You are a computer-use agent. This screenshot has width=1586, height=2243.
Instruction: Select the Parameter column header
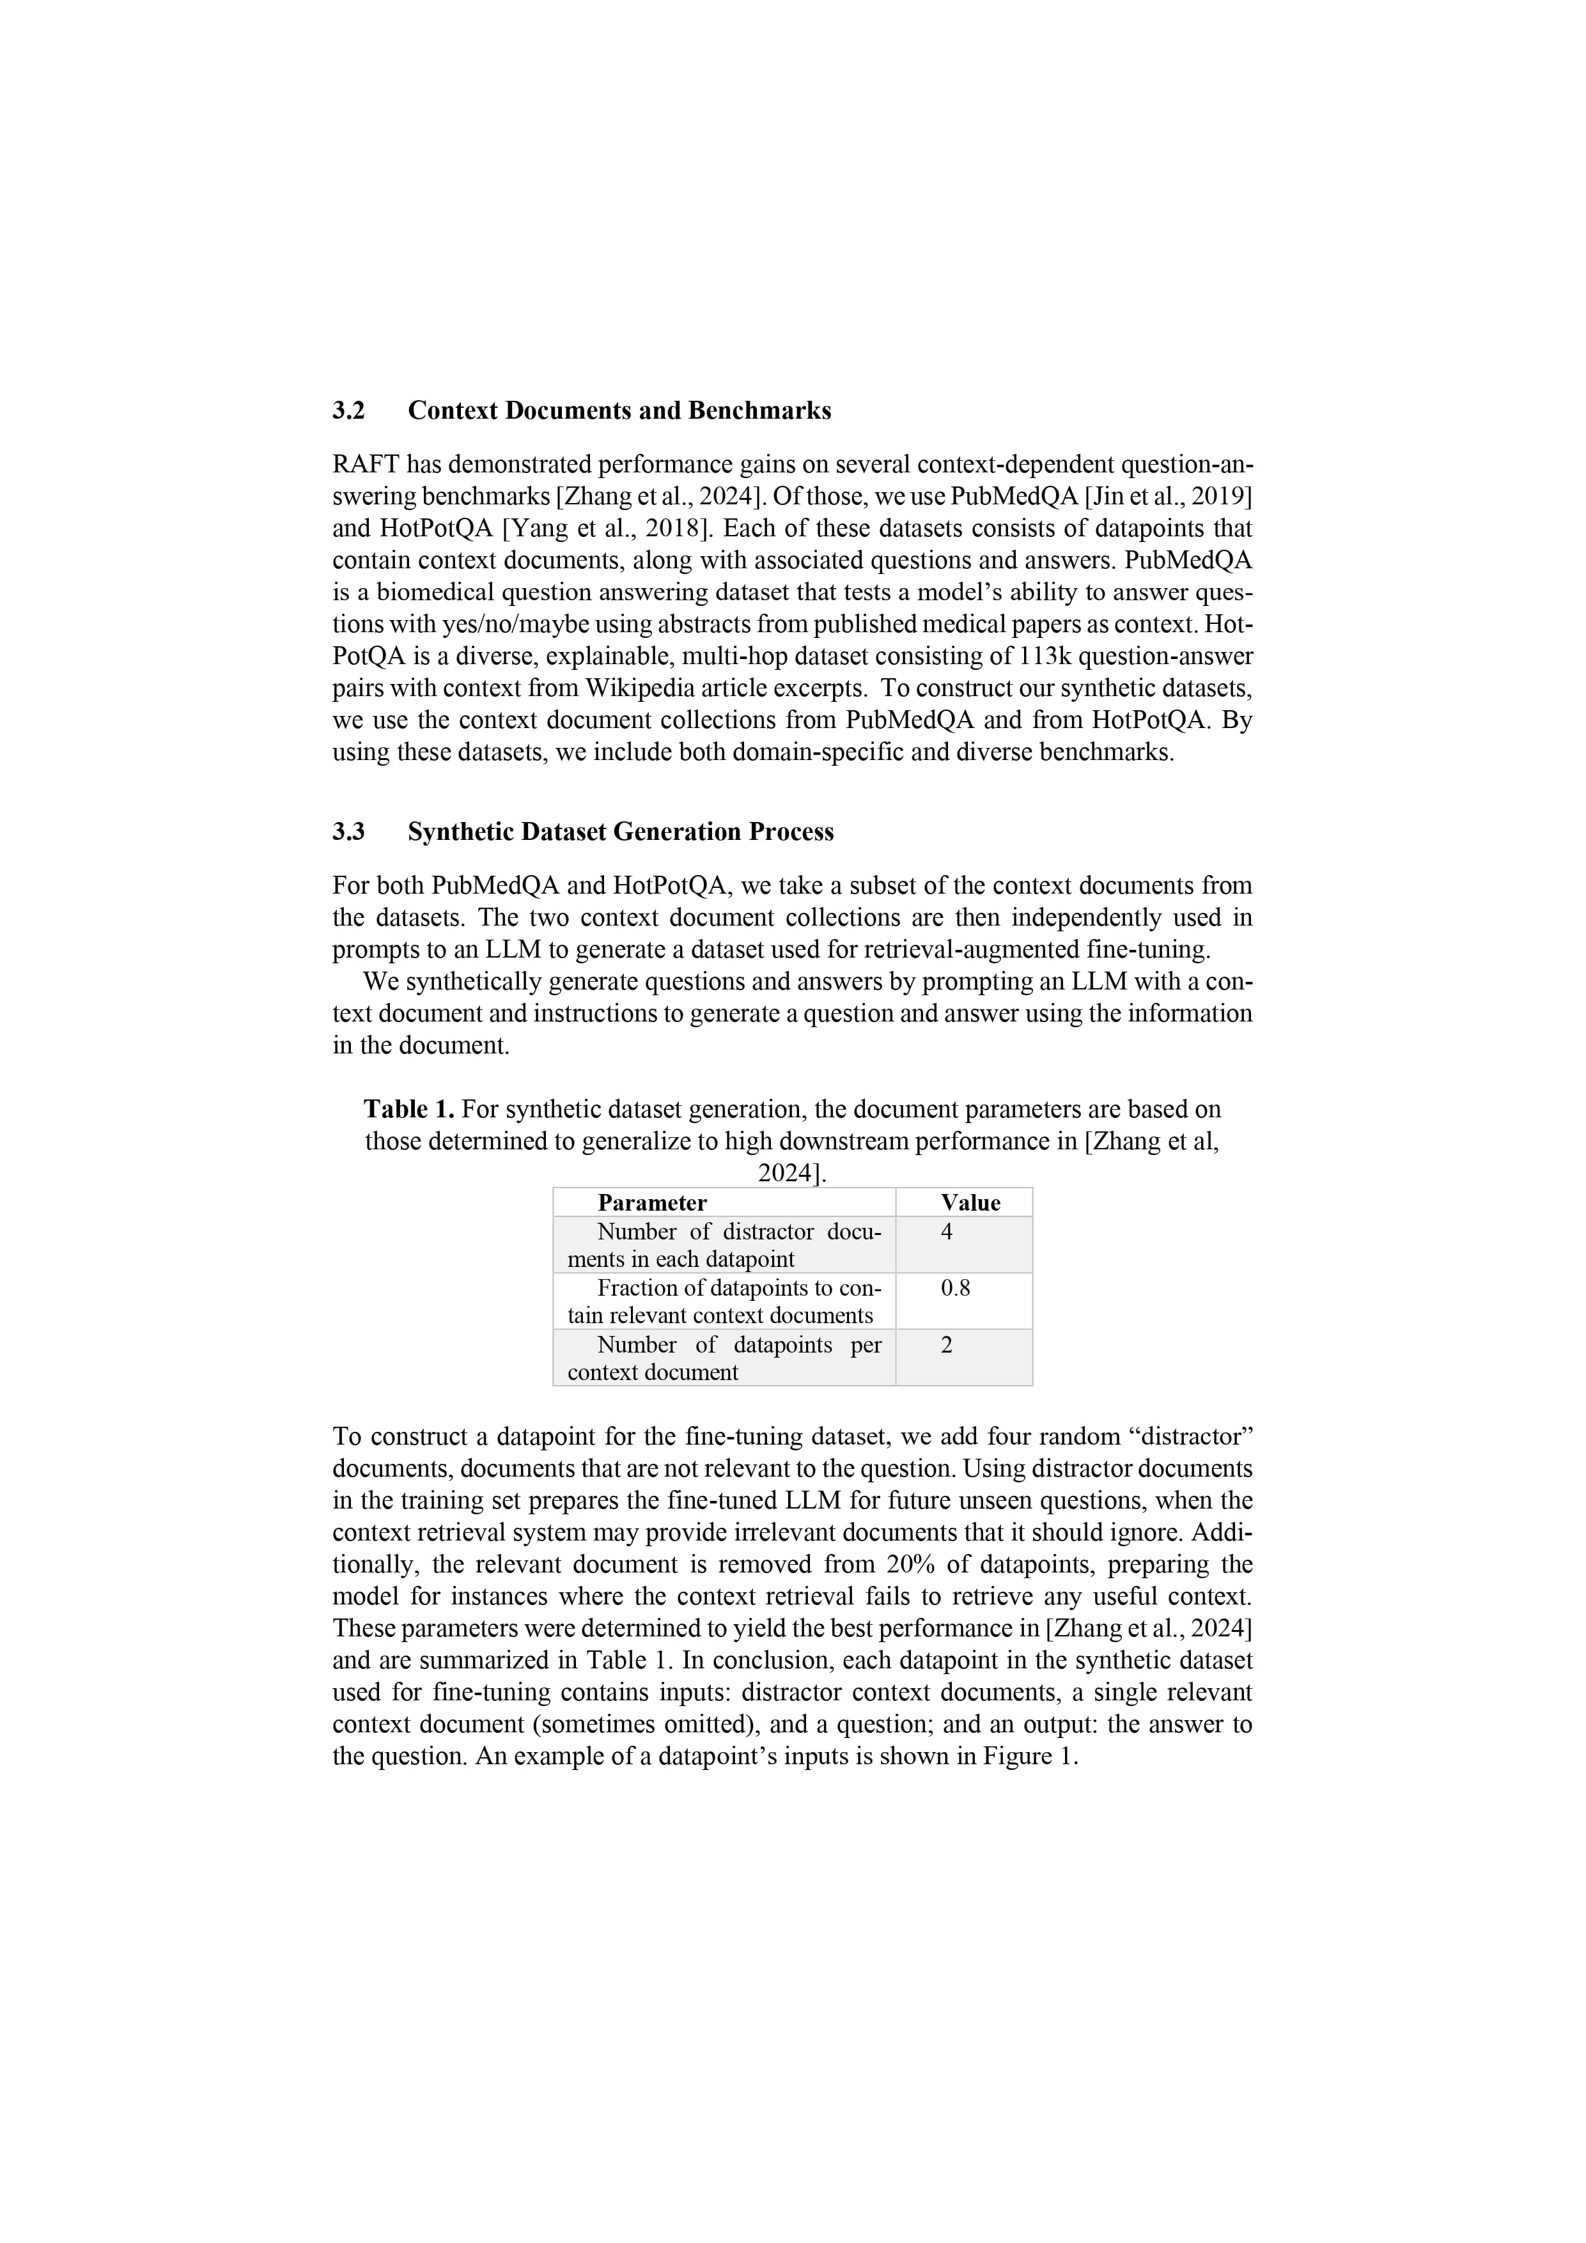tap(652, 1202)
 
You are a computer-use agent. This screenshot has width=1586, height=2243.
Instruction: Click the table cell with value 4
tap(946, 1232)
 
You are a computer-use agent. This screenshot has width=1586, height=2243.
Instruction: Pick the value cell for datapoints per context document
tap(946, 1344)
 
